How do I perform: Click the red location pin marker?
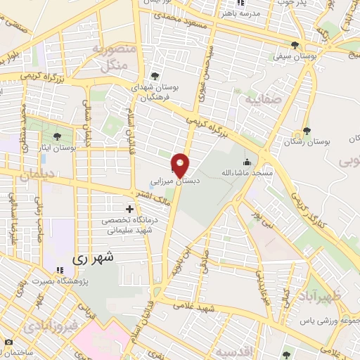(x=181, y=165)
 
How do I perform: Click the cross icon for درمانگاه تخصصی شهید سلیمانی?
(x=129, y=209)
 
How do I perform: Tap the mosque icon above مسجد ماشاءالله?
(x=246, y=161)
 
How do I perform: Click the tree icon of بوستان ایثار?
(x=57, y=136)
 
